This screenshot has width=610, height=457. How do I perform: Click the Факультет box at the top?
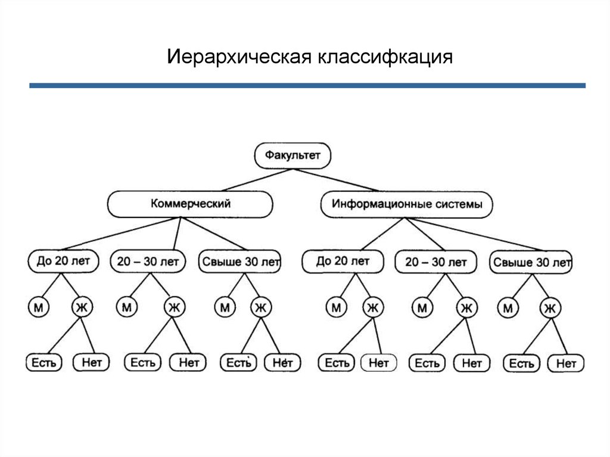point(292,156)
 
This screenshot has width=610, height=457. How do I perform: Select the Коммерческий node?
point(190,204)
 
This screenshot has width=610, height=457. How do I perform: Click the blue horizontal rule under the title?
point(307,86)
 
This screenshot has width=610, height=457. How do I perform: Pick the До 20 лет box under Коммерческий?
point(63,261)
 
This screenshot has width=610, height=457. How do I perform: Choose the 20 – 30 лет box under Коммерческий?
point(148,261)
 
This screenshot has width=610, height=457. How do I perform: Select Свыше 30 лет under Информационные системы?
point(531,262)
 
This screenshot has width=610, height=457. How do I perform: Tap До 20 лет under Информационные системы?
point(343,261)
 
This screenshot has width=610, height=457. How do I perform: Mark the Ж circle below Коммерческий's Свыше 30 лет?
point(260,307)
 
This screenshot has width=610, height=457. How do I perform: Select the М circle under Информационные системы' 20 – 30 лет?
point(422,308)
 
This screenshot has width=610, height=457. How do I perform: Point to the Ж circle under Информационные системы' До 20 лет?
point(373,307)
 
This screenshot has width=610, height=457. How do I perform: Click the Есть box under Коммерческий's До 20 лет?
point(43,362)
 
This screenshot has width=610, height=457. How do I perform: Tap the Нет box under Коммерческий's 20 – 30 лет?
point(188,362)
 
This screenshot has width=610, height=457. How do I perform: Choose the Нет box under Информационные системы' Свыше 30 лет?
point(566,363)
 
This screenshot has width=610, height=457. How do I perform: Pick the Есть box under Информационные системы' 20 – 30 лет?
point(427,362)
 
